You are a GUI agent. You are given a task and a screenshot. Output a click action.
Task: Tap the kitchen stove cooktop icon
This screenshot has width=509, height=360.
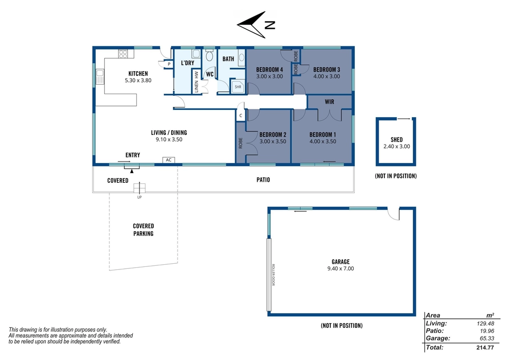[x=123, y=53]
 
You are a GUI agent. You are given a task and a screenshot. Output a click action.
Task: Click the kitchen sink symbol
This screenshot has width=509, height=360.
[x=100, y=76]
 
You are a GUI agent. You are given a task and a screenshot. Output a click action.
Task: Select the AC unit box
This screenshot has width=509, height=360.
[x=168, y=160]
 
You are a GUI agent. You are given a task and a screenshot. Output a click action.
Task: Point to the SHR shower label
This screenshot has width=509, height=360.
[x=238, y=87]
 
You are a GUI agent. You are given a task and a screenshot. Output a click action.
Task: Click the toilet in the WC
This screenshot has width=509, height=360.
[x=209, y=56]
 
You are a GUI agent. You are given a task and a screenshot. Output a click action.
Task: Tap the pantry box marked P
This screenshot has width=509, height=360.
[x=169, y=64]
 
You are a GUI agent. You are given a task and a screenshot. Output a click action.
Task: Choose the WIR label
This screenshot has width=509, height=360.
[x=329, y=102]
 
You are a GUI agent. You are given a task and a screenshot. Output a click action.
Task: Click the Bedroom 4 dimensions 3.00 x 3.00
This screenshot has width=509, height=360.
[x=269, y=76]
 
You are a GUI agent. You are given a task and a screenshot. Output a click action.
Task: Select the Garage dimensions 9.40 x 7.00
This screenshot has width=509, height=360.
[x=341, y=269]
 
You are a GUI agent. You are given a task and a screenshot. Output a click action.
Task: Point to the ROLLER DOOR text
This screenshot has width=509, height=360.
[x=273, y=274]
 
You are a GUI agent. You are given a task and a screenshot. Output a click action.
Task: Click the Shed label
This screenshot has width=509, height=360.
[x=397, y=140]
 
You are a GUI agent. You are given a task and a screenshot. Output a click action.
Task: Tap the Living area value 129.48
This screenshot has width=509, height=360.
[x=485, y=324]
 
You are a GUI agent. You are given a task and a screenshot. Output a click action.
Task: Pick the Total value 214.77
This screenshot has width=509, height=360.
[x=485, y=348]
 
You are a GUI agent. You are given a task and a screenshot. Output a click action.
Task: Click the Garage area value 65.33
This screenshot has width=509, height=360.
[x=487, y=339]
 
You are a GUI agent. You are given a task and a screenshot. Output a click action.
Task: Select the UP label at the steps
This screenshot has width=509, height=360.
[x=139, y=198]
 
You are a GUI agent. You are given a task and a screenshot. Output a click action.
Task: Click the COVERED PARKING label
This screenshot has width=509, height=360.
[x=144, y=230]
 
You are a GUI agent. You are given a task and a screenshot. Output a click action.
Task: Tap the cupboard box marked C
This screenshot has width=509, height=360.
[x=241, y=116]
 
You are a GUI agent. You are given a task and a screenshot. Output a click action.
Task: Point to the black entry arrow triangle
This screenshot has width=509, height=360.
[x=132, y=171]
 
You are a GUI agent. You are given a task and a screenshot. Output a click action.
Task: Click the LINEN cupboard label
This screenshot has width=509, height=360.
[x=196, y=87]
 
